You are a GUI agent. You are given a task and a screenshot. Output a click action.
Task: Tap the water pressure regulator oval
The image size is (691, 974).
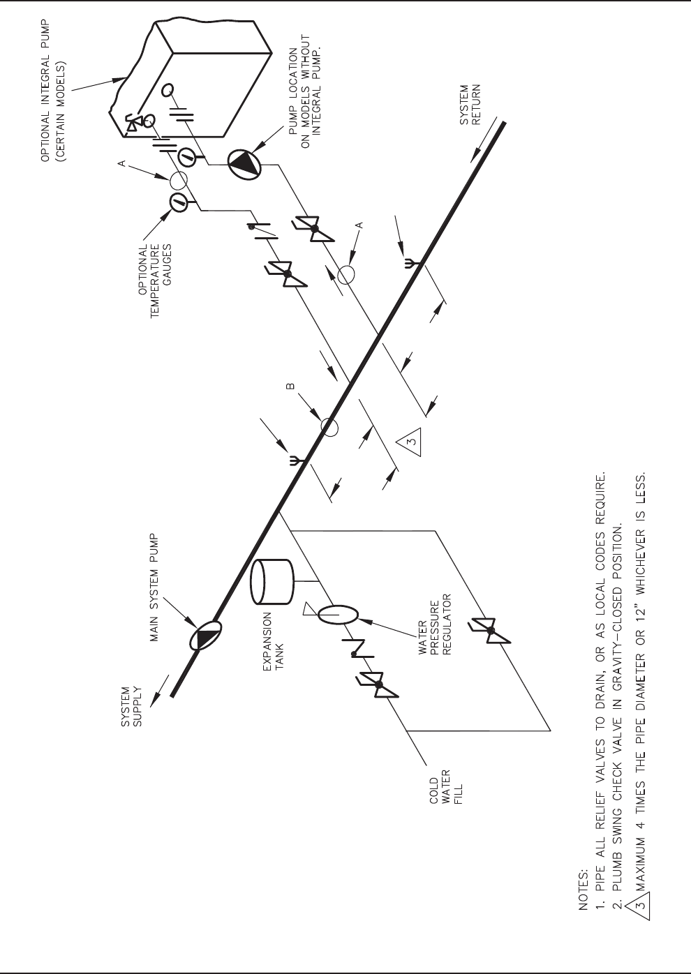339,615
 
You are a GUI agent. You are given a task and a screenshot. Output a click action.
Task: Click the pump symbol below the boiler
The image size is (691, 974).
244,164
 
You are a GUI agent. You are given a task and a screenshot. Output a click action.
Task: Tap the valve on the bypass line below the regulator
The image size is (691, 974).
491,631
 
